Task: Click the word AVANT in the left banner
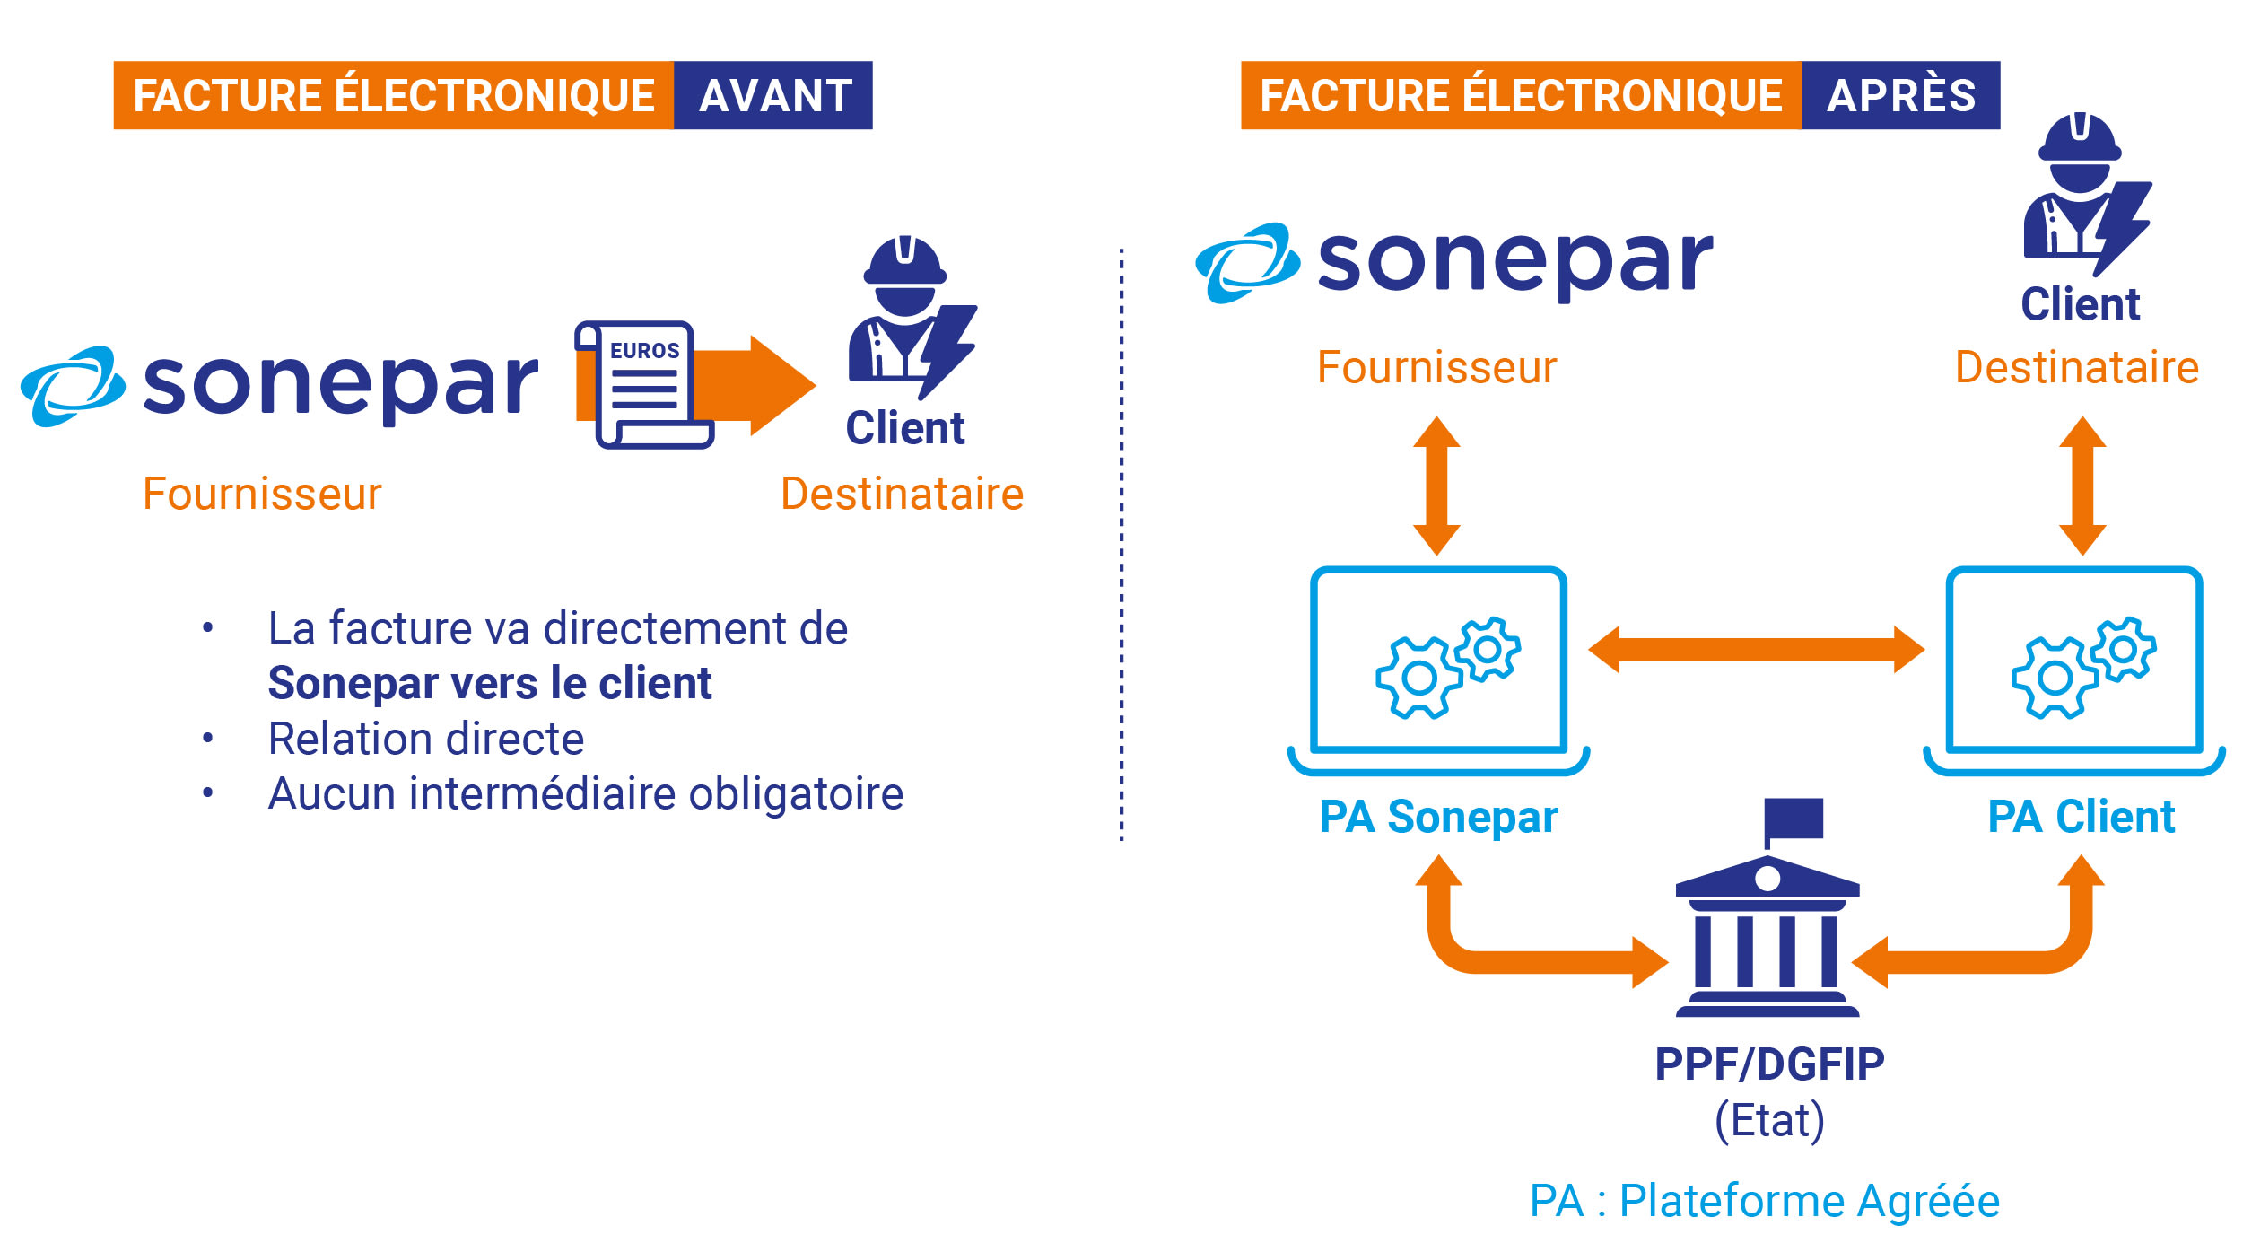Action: (x=774, y=96)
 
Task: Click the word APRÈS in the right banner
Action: (x=1900, y=96)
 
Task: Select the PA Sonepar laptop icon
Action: (x=1438, y=669)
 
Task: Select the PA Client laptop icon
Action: (x=2073, y=669)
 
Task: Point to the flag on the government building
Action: (x=1793, y=818)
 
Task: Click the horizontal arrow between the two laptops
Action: (x=1756, y=649)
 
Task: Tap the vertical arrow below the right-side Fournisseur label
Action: (x=1436, y=486)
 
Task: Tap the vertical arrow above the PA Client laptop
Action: (x=2082, y=486)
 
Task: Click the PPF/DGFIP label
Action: (x=1769, y=1064)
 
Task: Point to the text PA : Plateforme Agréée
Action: (x=1764, y=1201)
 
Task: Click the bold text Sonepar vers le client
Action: (x=490, y=684)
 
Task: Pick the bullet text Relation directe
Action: (x=426, y=740)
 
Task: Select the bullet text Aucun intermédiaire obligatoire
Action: (x=585, y=794)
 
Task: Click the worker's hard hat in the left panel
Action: (x=904, y=261)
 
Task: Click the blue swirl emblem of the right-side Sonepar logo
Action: (x=1246, y=262)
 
